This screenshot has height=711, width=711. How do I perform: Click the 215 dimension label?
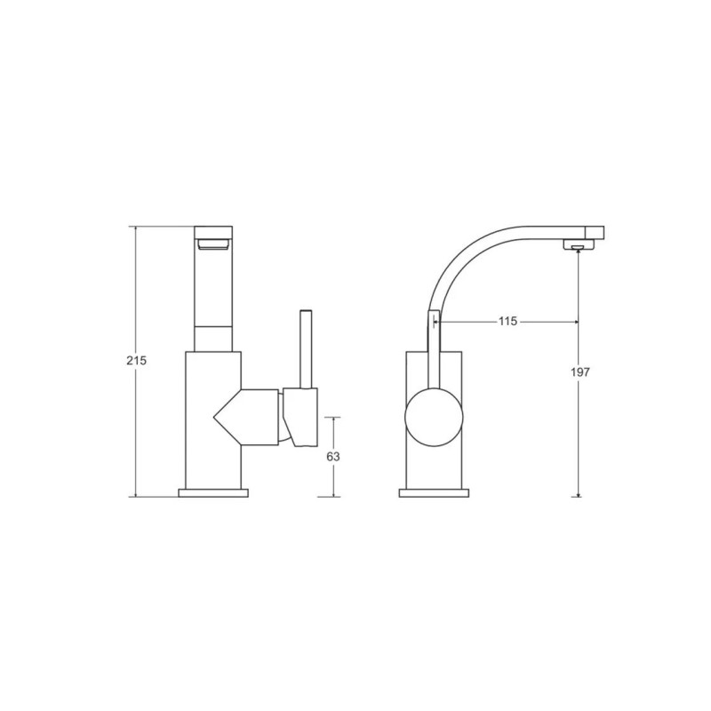coord(137,361)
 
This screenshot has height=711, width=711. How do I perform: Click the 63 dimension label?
coord(333,457)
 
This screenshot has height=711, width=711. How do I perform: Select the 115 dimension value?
coord(507,321)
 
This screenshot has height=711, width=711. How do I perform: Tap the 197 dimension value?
coord(580,371)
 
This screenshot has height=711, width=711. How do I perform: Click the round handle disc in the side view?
coord(434,417)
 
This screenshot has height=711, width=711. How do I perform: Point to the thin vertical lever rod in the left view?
coord(306,349)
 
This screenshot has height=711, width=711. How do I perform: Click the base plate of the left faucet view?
coord(213,493)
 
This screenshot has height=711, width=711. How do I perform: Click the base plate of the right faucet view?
coord(434,493)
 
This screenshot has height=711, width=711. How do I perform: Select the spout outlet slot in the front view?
coord(213,245)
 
